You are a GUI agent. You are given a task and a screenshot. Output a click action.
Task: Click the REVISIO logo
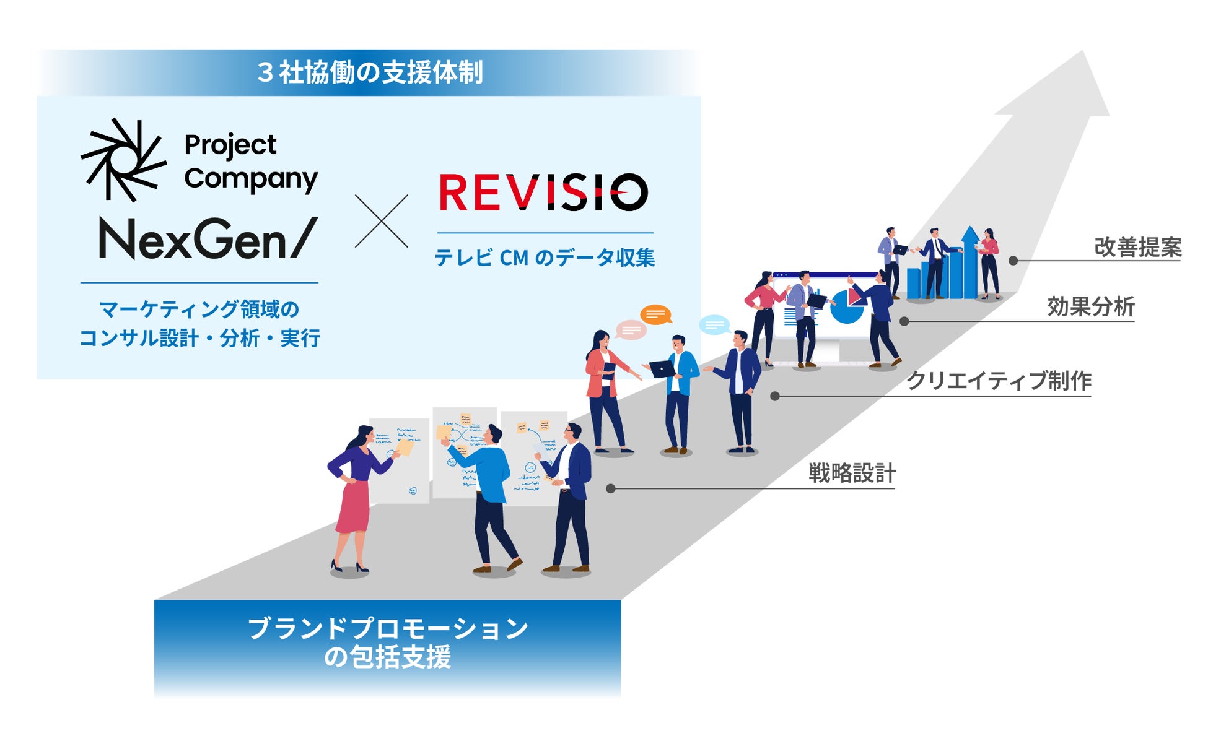(x=543, y=192)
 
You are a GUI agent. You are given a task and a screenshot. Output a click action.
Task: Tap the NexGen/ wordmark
(x=208, y=239)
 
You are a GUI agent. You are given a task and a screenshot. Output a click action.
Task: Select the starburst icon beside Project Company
(x=123, y=160)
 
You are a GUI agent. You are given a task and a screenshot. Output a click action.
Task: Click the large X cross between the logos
(x=381, y=221)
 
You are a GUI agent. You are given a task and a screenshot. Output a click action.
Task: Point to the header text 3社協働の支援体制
(x=370, y=72)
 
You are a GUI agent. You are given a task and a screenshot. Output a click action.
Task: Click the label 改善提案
(x=1137, y=247)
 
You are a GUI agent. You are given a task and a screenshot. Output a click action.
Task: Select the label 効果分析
(x=1090, y=306)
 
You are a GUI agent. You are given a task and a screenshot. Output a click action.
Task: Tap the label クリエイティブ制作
(x=998, y=381)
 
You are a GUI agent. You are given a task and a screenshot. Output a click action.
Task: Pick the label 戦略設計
(x=852, y=474)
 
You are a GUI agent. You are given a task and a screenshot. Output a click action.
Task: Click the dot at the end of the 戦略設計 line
(x=610, y=488)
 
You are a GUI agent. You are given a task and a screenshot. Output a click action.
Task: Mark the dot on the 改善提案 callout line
(x=1013, y=261)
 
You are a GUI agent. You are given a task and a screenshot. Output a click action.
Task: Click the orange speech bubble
(x=655, y=314)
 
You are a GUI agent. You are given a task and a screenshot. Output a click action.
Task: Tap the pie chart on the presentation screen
(x=846, y=306)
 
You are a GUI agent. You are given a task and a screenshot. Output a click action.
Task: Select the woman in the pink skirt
(x=354, y=495)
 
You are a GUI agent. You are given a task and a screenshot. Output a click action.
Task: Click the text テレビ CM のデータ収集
(x=545, y=258)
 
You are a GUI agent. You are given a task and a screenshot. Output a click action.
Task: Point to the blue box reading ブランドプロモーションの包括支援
(x=387, y=644)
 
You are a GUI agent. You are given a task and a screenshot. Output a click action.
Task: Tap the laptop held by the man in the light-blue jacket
(x=662, y=369)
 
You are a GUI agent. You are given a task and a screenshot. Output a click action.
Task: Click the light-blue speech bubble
(x=714, y=324)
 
